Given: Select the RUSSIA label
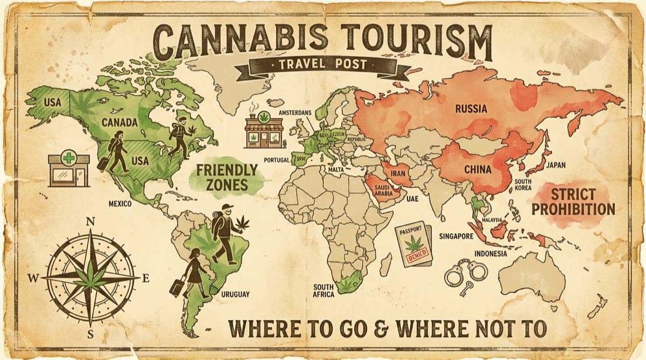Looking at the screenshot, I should click(x=471, y=109).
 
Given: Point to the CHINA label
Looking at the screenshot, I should click(x=478, y=170).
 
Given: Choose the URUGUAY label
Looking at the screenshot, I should click(x=235, y=294).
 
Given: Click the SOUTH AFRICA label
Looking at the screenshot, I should click(x=324, y=291).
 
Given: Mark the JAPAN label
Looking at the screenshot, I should click(x=556, y=165).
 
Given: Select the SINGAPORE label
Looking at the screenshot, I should click(x=456, y=236).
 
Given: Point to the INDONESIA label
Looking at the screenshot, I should click(x=490, y=253).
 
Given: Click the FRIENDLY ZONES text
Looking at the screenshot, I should click(x=226, y=178).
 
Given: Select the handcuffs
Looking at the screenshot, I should click(x=466, y=271).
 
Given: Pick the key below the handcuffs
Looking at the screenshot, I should click(x=466, y=288).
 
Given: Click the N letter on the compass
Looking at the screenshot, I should click(x=90, y=221).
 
